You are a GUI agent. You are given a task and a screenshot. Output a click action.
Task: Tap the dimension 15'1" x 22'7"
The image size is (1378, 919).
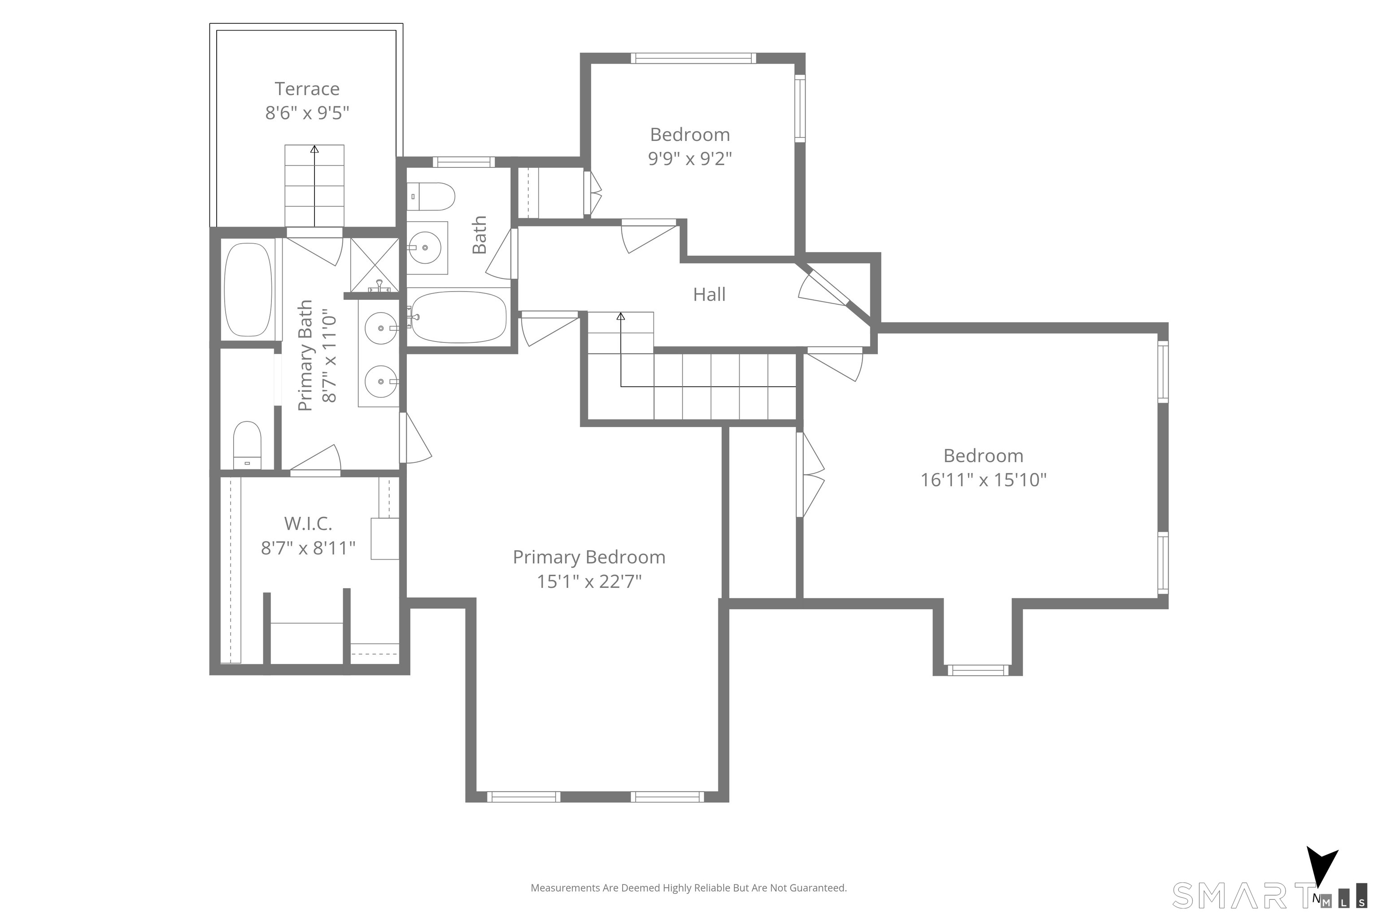click(589, 582)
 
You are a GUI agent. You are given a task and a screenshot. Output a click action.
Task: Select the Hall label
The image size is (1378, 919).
click(709, 294)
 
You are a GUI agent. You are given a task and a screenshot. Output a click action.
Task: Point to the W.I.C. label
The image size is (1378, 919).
click(308, 523)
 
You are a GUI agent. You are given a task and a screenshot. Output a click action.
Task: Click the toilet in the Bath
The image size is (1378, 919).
click(431, 197)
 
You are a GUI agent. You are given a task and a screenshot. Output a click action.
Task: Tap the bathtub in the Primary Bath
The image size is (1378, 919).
click(249, 289)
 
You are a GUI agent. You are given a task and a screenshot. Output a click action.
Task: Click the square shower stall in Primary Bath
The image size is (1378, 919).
click(375, 265)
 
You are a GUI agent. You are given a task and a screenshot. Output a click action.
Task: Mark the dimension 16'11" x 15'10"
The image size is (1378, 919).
click(984, 480)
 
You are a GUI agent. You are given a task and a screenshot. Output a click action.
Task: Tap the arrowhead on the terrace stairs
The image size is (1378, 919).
click(314, 149)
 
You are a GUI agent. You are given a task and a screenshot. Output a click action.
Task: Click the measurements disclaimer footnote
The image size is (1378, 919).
click(689, 888)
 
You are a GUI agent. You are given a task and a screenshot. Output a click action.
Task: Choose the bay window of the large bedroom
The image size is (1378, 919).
click(978, 670)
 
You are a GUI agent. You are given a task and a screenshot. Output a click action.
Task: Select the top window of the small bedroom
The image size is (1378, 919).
click(693, 58)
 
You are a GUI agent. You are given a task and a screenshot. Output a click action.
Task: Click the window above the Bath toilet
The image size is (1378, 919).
click(463, 162)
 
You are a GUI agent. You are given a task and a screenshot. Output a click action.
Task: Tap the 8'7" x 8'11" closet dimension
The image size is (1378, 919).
click(308, 548)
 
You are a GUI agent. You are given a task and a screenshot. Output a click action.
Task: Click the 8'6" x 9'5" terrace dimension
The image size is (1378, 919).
click(307, 113)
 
